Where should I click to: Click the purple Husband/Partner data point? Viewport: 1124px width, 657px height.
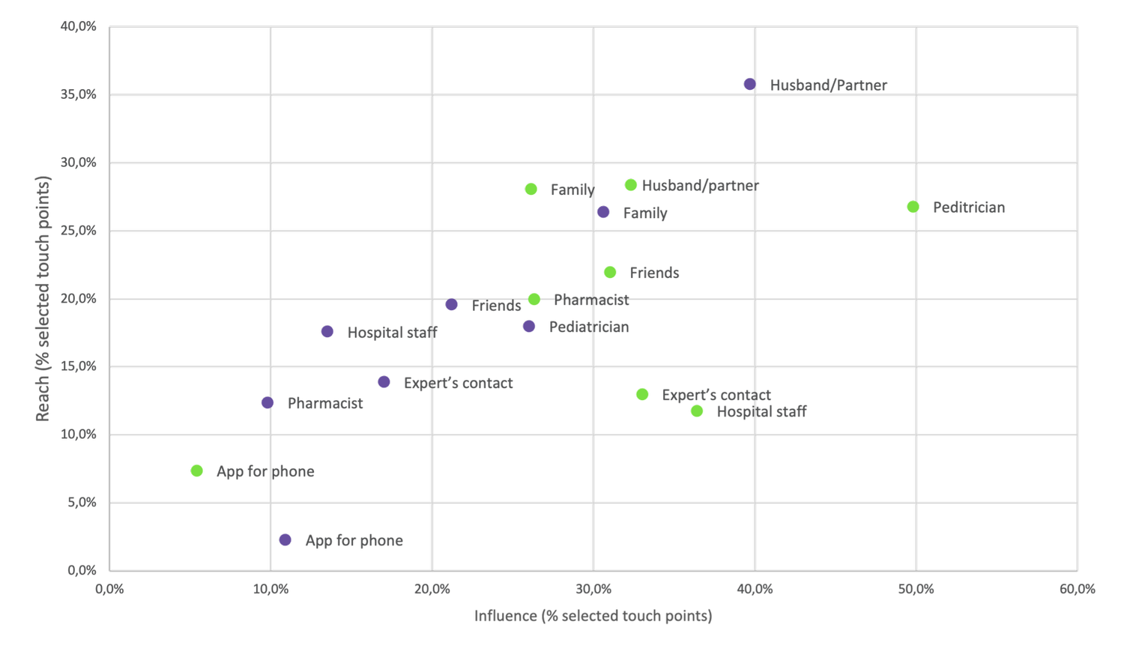[750, 85]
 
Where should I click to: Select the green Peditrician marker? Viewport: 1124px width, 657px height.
[913, 207]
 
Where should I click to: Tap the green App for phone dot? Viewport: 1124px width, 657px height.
[197, 471]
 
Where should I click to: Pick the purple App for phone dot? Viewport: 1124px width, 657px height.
[285, 540]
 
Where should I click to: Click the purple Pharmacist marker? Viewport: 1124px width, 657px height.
[268, 403]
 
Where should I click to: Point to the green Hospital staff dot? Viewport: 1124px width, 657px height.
[697, 411]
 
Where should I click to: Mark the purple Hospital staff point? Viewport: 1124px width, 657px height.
[327, 332]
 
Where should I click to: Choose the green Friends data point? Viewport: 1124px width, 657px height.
[610, 273]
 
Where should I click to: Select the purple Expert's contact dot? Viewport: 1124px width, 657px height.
[384, 382]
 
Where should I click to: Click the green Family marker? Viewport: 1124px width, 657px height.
[531, 190]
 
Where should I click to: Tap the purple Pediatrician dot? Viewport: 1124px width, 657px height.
[529, 327]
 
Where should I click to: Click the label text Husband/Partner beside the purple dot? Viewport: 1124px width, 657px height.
[828, 85]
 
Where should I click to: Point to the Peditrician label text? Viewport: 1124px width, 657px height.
[968, 208]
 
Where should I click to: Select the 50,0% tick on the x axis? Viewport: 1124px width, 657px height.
[916, 590]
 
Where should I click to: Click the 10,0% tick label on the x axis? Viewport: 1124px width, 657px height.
[271, 590]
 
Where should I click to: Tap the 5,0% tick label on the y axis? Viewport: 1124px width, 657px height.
[82, 503]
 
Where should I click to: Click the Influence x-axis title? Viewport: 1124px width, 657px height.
[593, 616]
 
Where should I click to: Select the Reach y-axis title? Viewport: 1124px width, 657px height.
[43, 298]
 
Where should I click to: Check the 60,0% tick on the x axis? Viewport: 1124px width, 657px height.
[1077, 590]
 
